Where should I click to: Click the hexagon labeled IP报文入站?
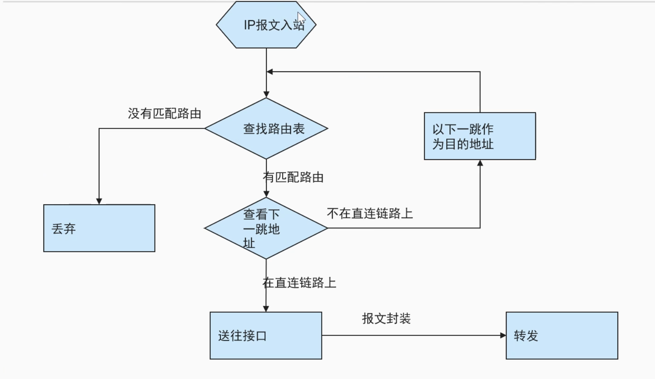pyautogui.click(x=266, y=25)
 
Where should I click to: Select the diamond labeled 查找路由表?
pyautogui.click(x=266, y=129)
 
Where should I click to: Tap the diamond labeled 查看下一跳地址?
pyautogui.click(x=266, y=228)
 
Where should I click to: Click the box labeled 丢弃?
pyautogui.click(x=99, y=228)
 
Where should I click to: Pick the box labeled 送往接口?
pyautogui.click(x=266, y=336)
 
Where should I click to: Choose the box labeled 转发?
pyautogui.click(x=562, y=336)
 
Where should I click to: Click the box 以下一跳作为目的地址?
pyautogui.click(x=480, y=136)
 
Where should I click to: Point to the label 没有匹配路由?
pyautogui.click(x=164, y=114)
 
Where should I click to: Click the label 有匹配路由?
pyautogui.click(x=293, y=177)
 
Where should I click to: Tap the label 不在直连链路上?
pyautogui.click(x=370, y=214)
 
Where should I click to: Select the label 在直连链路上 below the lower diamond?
pyautogui.click(x=299, y=283)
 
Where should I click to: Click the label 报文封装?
pyautogui.click(x=386, y=319)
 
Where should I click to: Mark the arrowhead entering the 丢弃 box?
pyautogui.click(x=99, y=201)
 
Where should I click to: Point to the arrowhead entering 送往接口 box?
pyautogui.click(x=266, y=309)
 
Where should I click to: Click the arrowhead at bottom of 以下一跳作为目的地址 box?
pyautogui.click(x=480, y=163)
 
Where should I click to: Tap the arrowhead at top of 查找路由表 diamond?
pyautogui.click(x=266, y=94)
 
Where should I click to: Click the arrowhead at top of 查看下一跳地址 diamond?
pyautogui.click(x=266, y=194)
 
